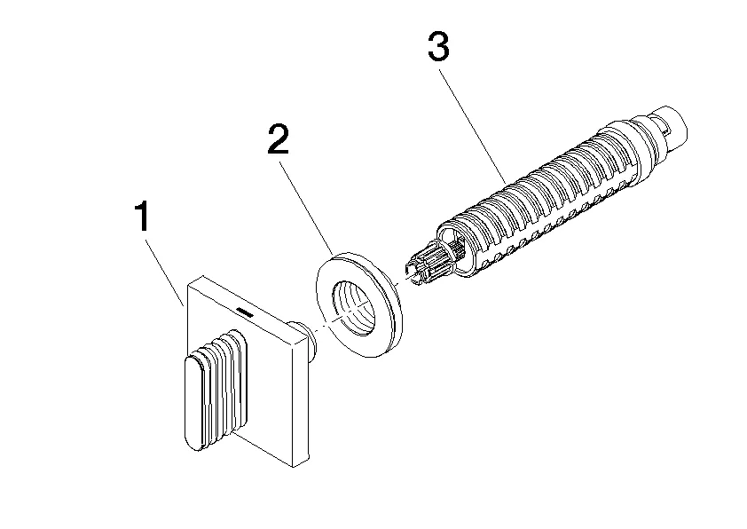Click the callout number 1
pyautogui.click(x=141, y=216)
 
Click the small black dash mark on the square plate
pyautogui.click(x=246, y=312)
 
